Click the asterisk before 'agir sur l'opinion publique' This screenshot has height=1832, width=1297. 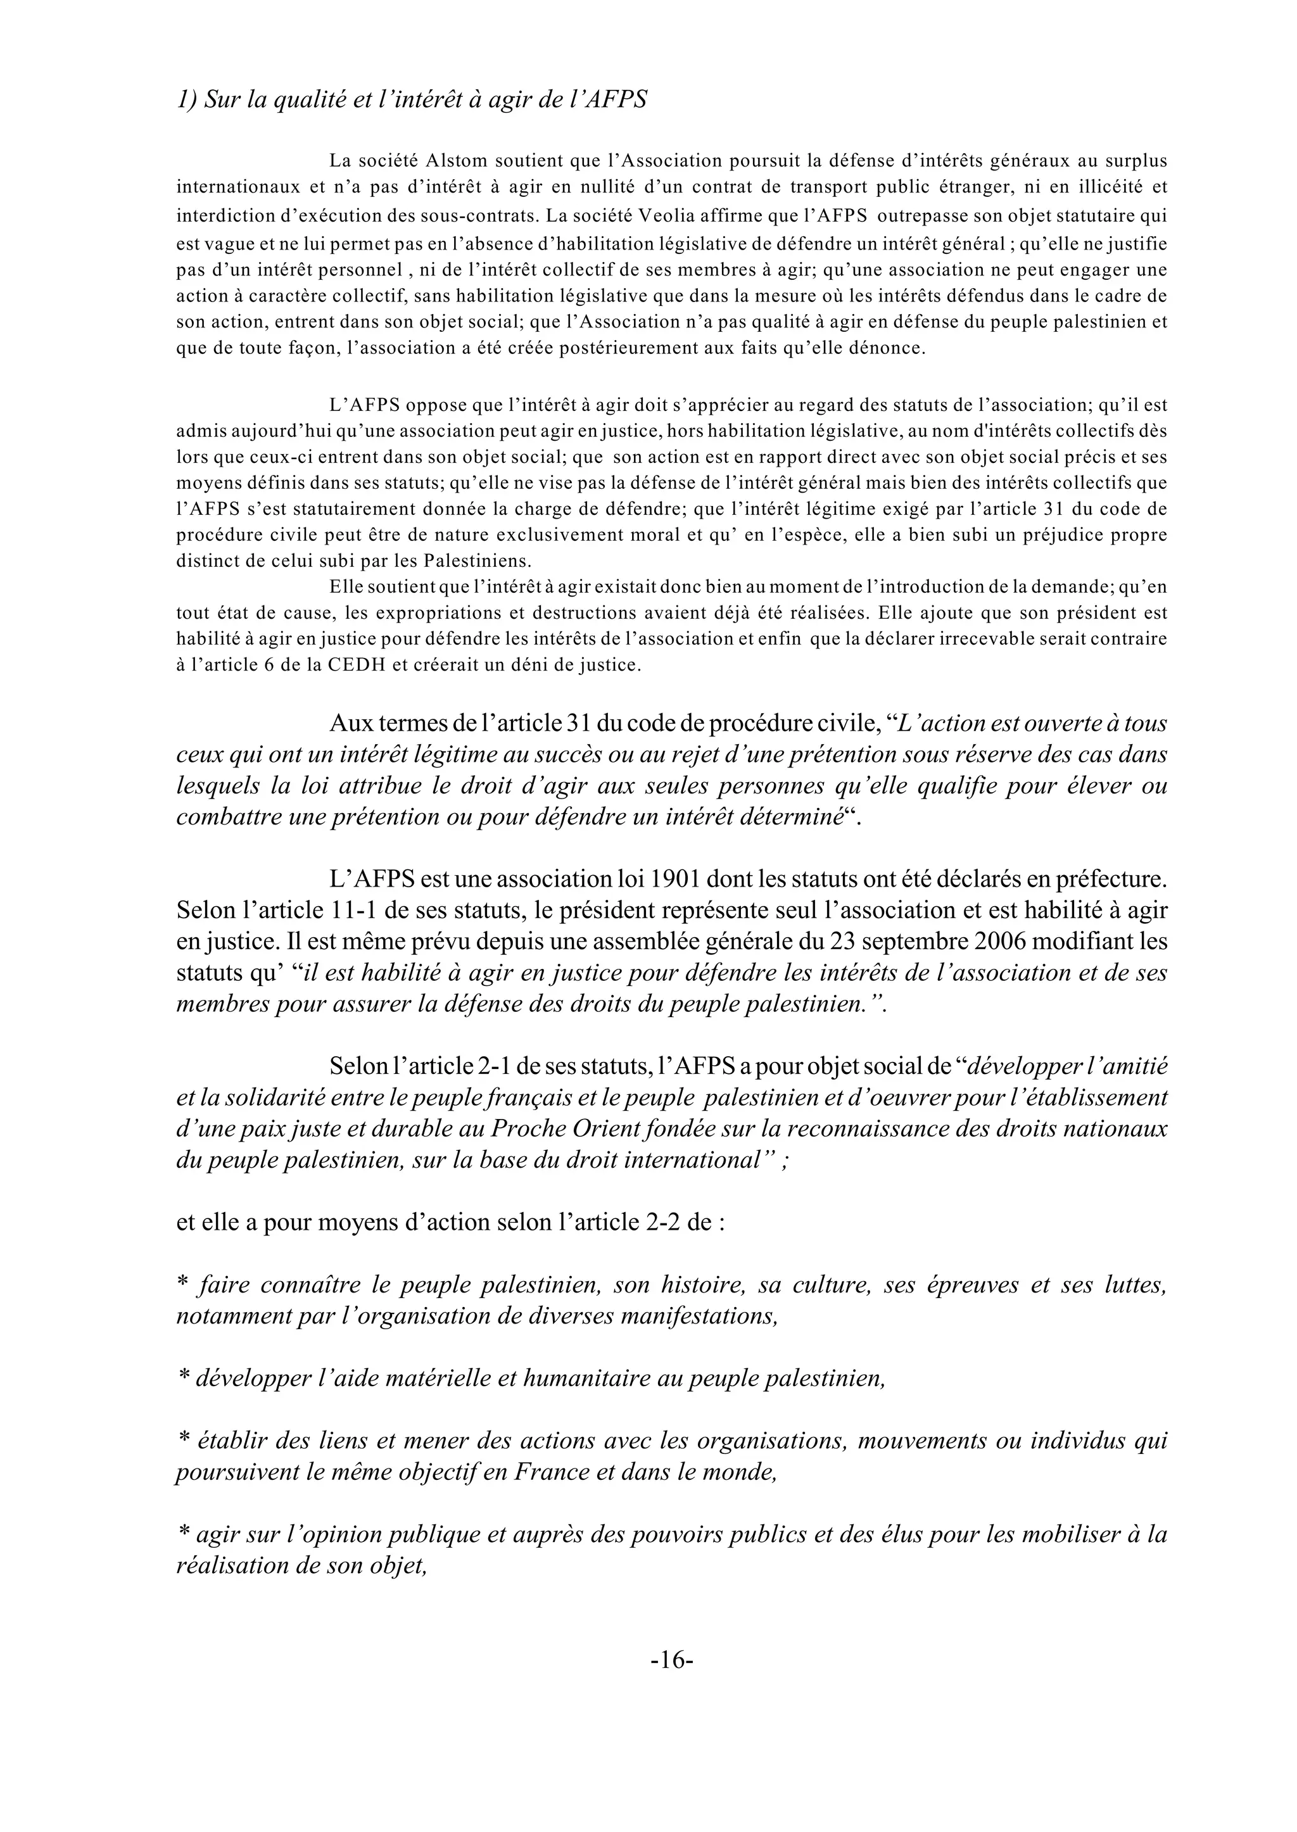pyautogui.click(x=183, y=1534)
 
